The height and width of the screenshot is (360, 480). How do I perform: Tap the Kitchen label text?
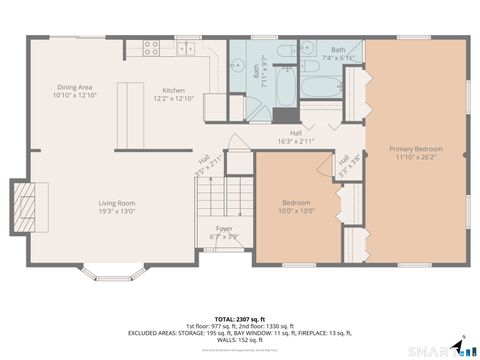[173, 93]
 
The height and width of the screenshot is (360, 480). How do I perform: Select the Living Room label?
[116, 207]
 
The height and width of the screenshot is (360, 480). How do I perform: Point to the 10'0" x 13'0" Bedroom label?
[296, 207]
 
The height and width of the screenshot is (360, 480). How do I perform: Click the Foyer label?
[224, 232]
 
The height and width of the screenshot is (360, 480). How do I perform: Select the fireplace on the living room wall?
[24, 207]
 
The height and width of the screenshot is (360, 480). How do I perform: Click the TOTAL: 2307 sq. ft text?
[240, 317]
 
